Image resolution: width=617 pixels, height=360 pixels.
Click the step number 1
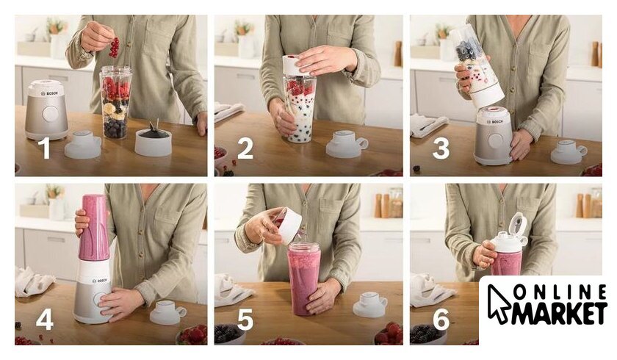(46, 148)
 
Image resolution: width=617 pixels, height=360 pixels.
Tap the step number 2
(245, 148)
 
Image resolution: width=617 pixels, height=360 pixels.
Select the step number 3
(441, 148)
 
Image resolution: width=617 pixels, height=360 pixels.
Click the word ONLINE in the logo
(560, 292)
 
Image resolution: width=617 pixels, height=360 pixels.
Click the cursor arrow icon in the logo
(498, 303)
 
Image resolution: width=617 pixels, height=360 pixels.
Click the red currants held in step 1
(114, 47)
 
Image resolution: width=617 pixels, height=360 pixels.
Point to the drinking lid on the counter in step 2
(346, 145)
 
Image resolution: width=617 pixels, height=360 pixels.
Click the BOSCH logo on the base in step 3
(495, 122)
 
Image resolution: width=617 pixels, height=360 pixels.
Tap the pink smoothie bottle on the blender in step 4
(94, 228)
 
